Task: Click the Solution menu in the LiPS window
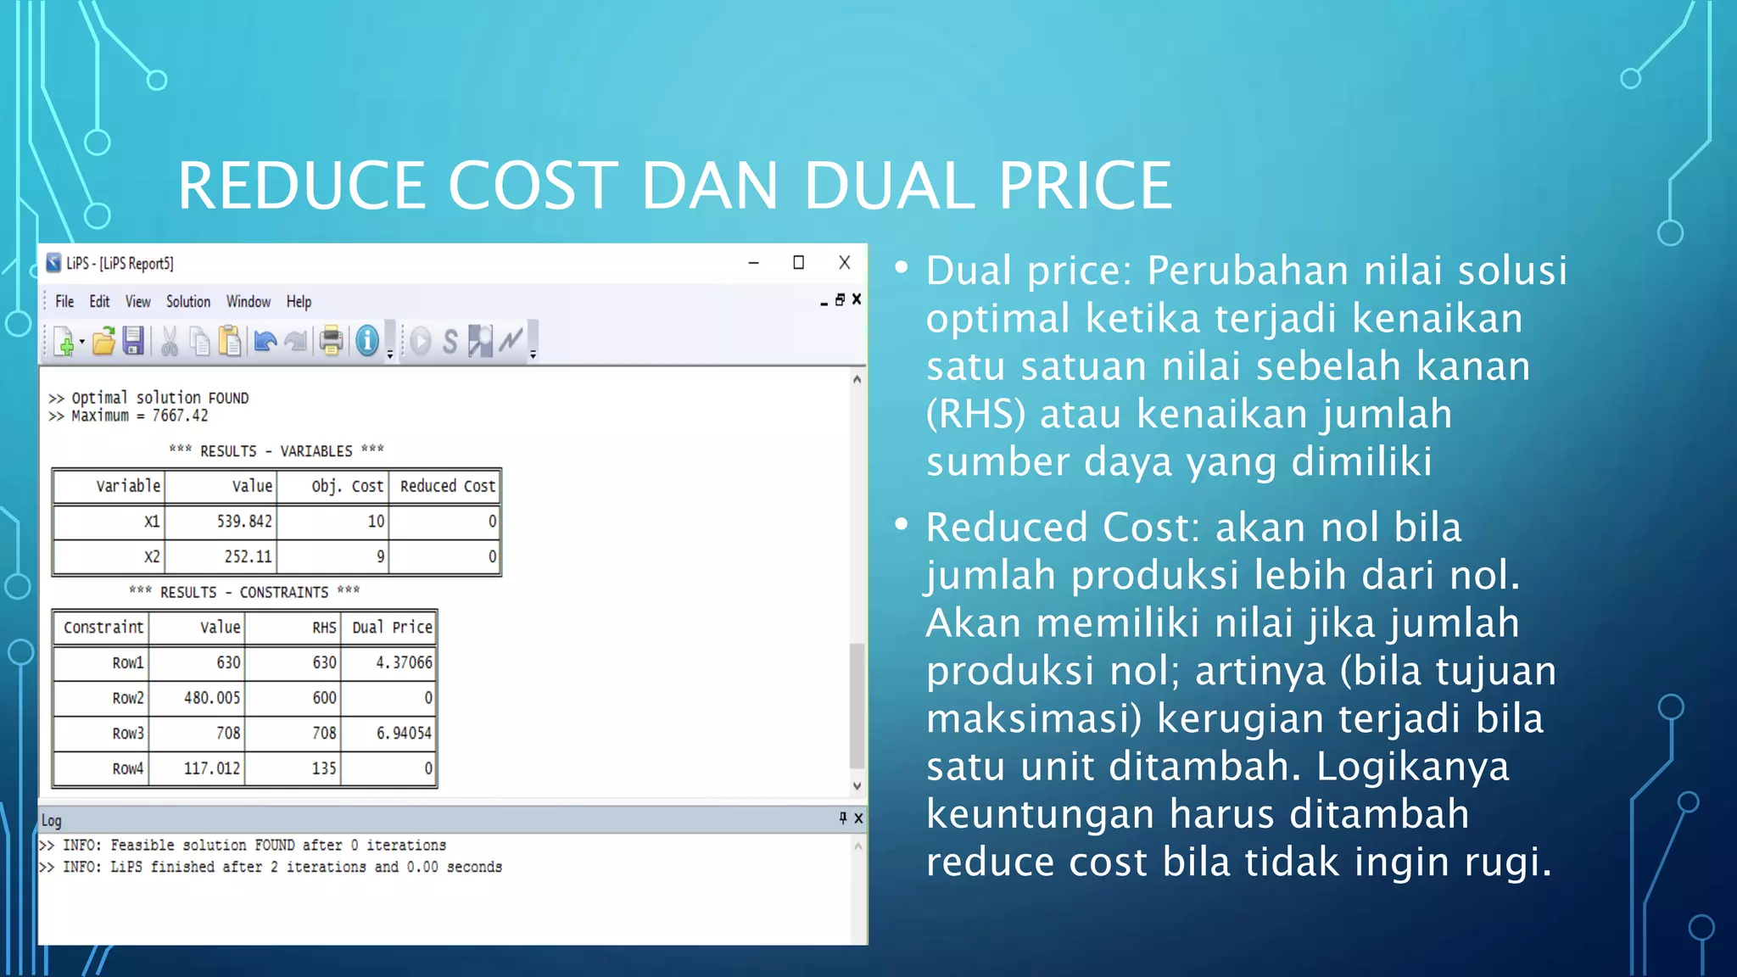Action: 187,302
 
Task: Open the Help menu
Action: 299,302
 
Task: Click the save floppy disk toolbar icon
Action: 133,341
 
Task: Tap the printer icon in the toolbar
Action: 332,341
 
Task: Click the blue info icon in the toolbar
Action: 367,341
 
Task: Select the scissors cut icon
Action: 170,341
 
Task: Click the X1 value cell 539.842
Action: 244,522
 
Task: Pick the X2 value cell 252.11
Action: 248,557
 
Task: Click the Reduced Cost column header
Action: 447,486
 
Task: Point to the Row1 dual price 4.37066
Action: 404,662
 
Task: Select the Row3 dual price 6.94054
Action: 404,733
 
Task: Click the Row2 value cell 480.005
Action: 212,698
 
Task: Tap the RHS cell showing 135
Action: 324,768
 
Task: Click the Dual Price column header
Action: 392,628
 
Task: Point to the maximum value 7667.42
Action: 180,416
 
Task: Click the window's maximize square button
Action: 798,263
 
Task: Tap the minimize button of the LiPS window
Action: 753,263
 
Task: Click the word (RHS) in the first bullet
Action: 975,415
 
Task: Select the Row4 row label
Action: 127,768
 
